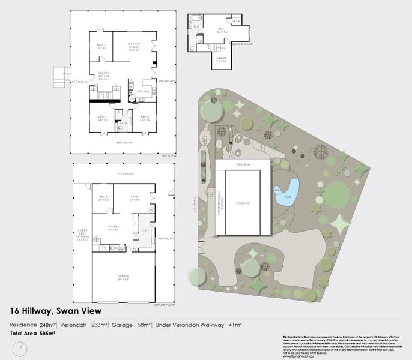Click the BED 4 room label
tap(101, 46)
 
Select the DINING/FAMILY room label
tap(135, 46)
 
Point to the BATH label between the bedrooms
tap(123, 123)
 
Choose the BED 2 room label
tap(144, 118)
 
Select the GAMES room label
tap(112, 229)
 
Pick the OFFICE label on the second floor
tap(222, 59)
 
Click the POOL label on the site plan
tap(286, 196)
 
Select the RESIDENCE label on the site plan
tap(243, 203)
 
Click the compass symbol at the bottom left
tap(20, 349)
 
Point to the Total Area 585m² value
tap(48, 332)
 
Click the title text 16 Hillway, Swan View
tap(55, 311)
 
